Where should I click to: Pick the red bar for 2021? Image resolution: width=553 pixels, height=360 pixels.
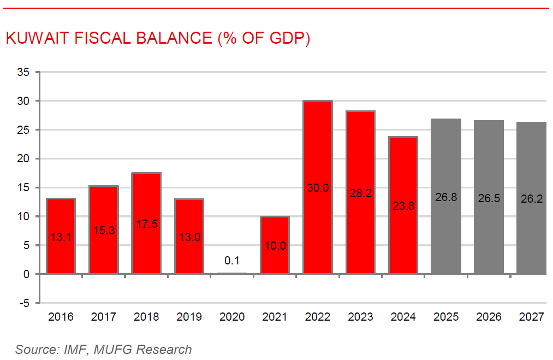pos(275,229)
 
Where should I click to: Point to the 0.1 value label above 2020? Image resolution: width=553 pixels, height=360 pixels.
pos(232,261)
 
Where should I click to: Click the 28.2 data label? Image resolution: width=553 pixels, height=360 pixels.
pos(360,193)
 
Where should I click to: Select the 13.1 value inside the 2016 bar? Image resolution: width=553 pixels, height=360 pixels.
pos(61,237)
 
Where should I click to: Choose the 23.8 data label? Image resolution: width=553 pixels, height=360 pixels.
pos(403,206)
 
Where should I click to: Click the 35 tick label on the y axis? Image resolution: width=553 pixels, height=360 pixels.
pos(23,72)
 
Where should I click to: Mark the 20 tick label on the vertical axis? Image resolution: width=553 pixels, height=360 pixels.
pos(23,159)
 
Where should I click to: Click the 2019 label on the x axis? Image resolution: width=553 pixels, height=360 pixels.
pos(189,317)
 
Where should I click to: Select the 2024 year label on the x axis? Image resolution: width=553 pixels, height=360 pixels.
pos(403,317)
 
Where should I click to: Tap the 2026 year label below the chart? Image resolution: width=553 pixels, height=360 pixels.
pos(489,317)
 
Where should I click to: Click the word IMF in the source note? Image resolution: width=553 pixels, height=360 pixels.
pos(75,350)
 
